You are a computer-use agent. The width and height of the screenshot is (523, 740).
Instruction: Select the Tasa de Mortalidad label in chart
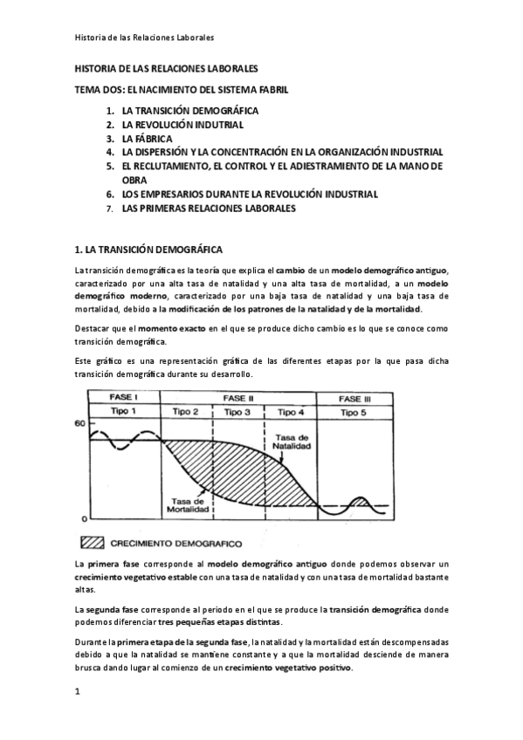point(187,506)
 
